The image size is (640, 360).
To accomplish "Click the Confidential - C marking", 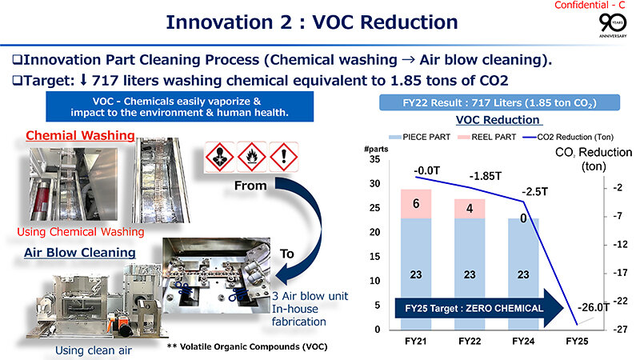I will [x=594, y=6].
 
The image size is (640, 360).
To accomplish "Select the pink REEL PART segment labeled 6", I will [x=415, y=204].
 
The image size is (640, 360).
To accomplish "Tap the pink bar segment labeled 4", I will [x=470, y=209].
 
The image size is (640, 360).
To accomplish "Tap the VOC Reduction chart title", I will [x=498, y=120].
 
